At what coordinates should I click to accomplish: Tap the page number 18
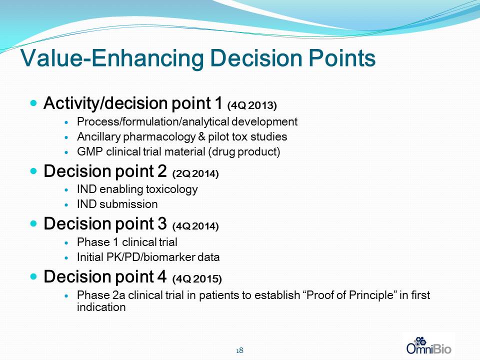(239, 350)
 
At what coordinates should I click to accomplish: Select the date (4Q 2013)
(252, 105)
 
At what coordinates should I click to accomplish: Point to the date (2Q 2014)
(195, 174)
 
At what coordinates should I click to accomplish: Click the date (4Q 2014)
(195, 226)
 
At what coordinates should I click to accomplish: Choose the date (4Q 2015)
(197, 279)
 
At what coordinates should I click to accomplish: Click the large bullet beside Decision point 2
(33, 171)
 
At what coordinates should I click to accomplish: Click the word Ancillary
(98, 137)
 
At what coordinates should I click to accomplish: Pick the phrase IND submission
(117, 204)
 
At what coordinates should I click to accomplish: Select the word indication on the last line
(101, 307)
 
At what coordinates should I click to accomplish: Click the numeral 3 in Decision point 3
(162, 224)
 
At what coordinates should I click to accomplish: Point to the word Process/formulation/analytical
(153, 122)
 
